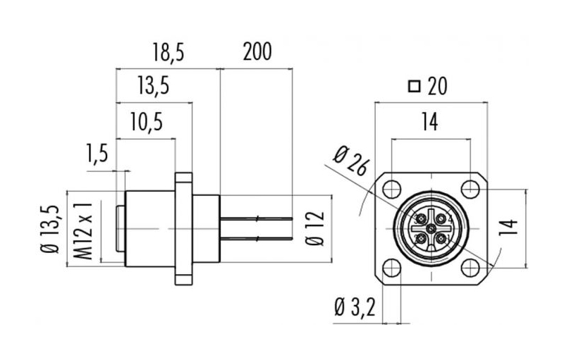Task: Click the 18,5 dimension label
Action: (168, 51)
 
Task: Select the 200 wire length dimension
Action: (257, 51)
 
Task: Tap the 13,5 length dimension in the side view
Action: (154, 86)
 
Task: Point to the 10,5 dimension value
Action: (147, 121)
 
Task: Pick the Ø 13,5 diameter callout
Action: (50, 229)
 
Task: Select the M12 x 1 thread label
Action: (83, 230)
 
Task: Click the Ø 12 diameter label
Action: (314, 228)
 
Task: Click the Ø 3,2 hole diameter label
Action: (355, 308)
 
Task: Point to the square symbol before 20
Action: (415, 87)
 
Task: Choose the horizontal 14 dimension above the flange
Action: (430, 121)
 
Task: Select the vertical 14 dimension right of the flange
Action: (508, 226)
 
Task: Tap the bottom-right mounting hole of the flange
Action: (470, 268)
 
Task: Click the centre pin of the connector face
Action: (431, 228)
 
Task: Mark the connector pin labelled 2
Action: (420, 239)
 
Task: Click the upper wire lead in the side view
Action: (256, 218)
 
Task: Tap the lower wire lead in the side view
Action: (256, 238)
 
